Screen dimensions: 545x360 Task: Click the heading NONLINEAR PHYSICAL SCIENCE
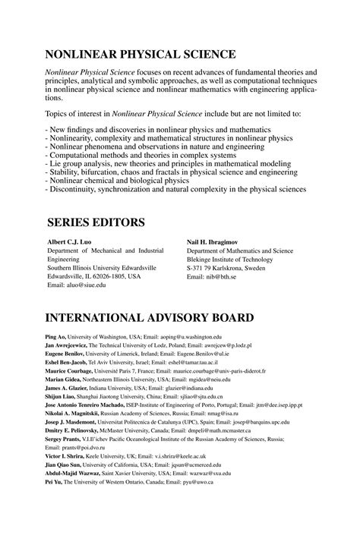click(x=141, y=55)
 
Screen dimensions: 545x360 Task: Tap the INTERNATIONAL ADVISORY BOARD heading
click(x=159, y=317)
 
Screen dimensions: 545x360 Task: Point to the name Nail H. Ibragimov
click(x=216, y=242)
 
